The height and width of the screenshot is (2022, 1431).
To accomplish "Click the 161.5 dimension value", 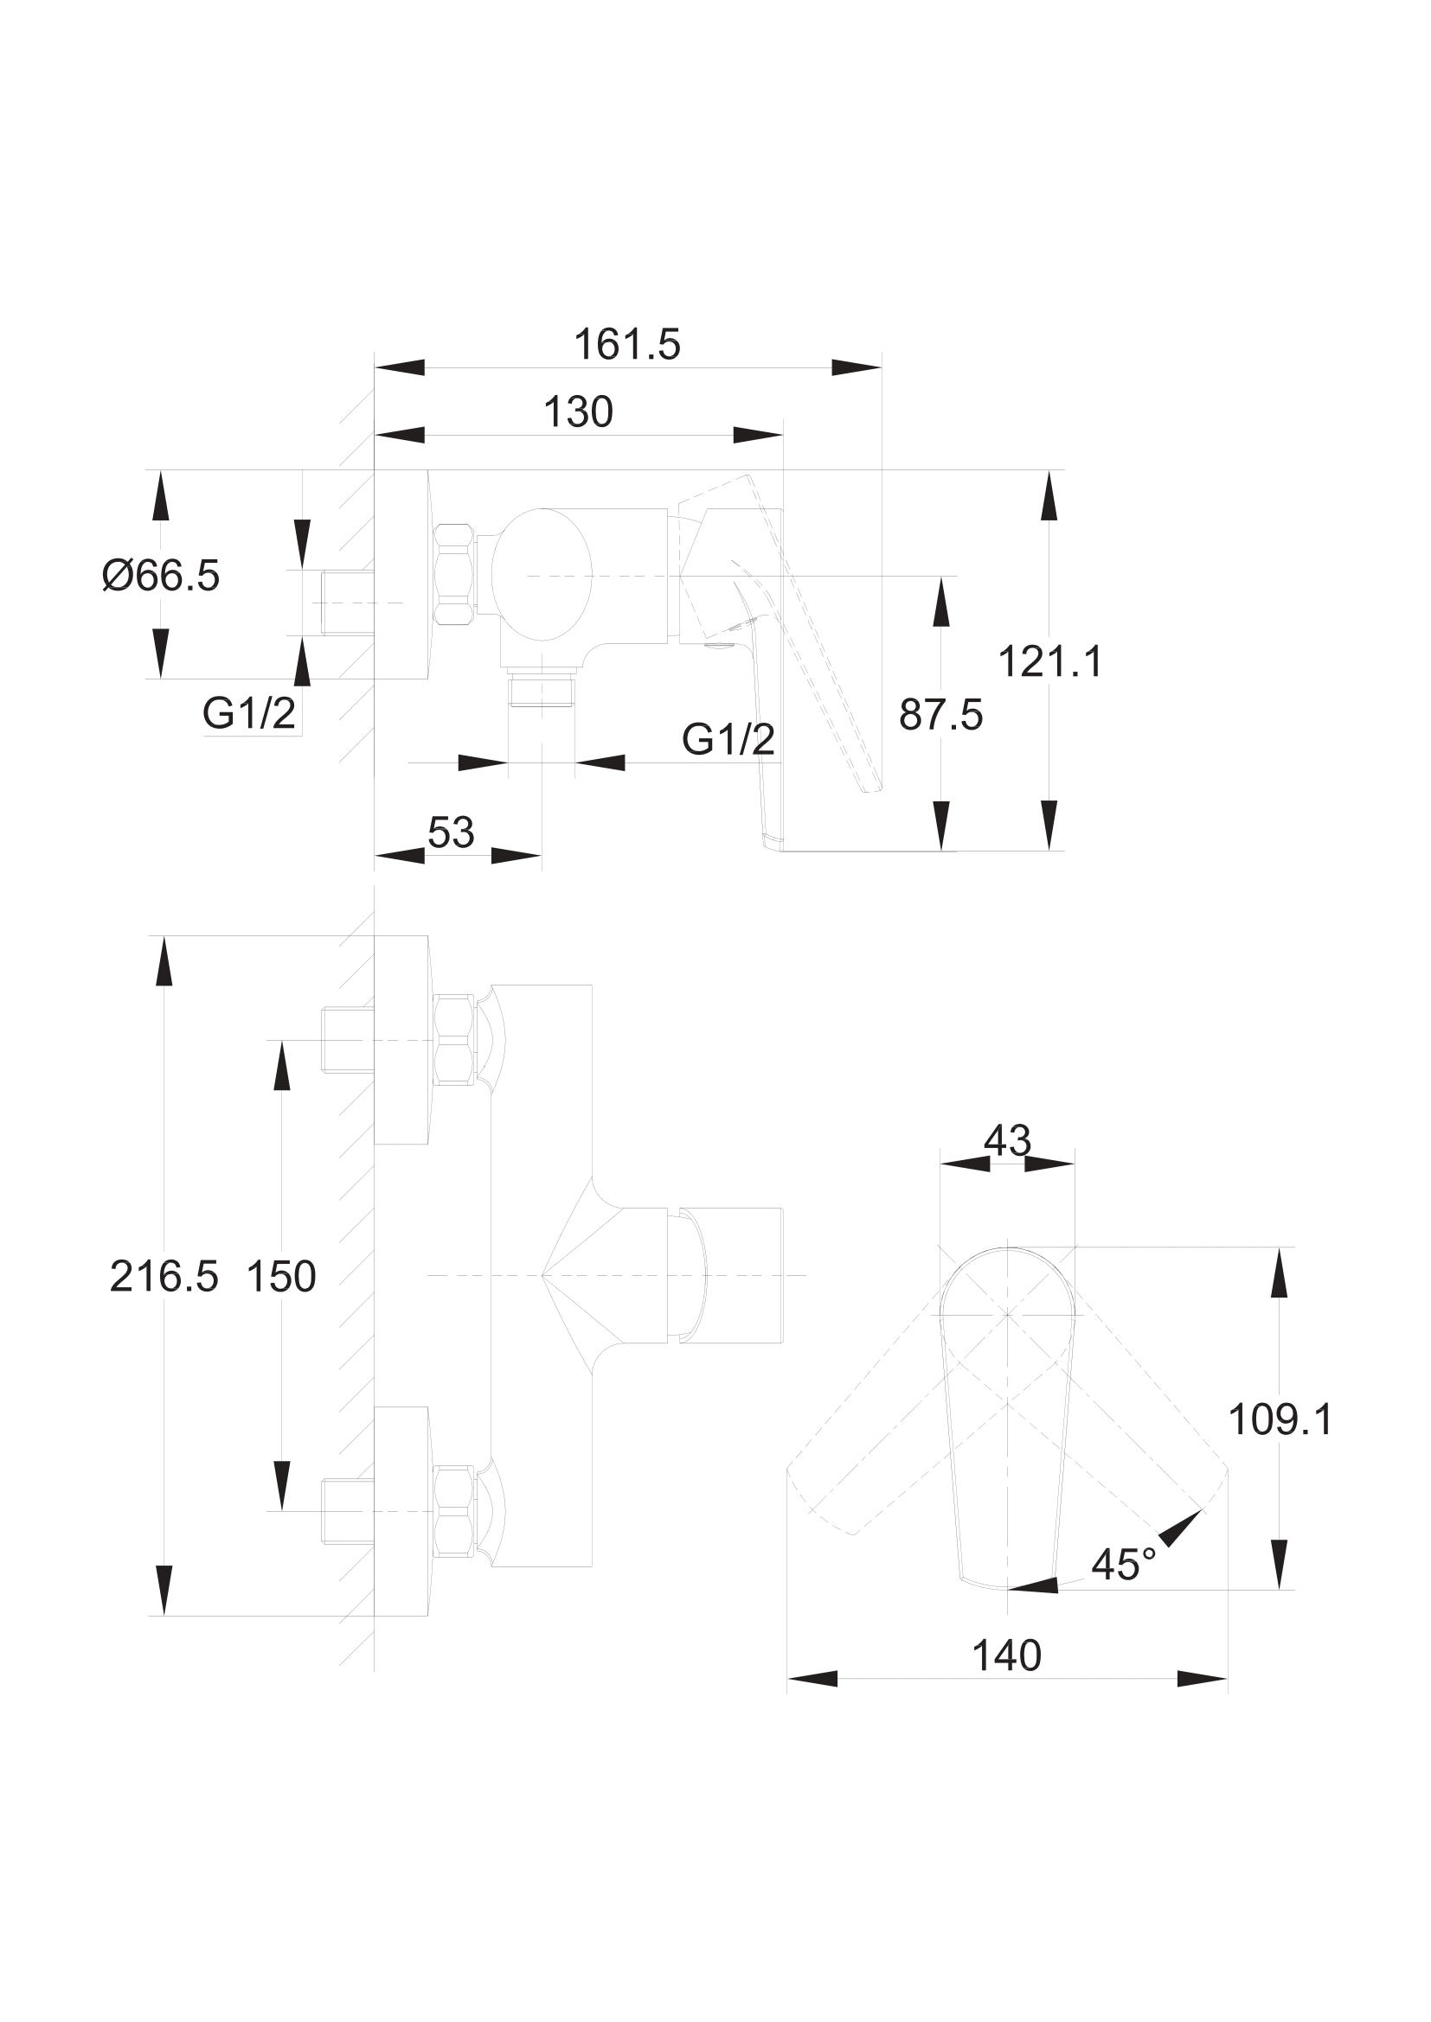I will (x=626, y=344).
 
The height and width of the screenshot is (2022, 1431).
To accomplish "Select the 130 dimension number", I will (x=578, y=412).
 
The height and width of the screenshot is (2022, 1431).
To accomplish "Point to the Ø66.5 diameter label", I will (x=161, y=576).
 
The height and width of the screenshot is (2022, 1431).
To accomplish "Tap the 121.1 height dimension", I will (x=1050, y=661).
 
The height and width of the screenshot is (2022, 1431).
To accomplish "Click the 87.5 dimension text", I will (x=940, y=715).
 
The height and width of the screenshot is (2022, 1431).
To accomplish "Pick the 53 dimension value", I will (x=451, y=832).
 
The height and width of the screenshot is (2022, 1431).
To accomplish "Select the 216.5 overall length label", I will (x=164, y=1277).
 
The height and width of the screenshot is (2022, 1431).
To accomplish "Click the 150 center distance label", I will (x=281, y=1277).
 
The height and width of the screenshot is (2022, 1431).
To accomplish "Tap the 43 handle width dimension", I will (x=1007, y=1141).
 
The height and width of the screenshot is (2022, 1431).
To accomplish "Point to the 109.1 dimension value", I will (x=1280, y=1420).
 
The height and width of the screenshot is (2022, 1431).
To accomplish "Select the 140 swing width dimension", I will (x=1006, y=1656).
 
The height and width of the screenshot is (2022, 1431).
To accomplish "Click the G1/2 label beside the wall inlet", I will (x=249, y=713).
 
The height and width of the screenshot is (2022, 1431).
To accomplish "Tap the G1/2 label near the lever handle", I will (x=728, y=740).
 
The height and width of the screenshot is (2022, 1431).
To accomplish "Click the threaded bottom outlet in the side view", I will (x=542, y=692).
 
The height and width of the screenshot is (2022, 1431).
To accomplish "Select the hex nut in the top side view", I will (x=455, y=575).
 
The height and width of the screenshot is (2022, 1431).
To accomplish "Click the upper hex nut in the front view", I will (x=455, y=1040).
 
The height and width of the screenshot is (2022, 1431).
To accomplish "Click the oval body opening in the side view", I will (x=540, y=574).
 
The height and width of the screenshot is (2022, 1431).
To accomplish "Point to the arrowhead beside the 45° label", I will (x=1181, y=1528).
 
